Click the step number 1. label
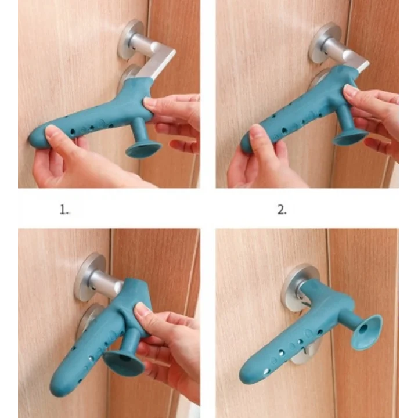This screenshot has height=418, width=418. click(x=64, y=210)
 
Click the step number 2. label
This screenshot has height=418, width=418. click(x=282, y=210)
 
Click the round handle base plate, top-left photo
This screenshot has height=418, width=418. click(x=131, y=39)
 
